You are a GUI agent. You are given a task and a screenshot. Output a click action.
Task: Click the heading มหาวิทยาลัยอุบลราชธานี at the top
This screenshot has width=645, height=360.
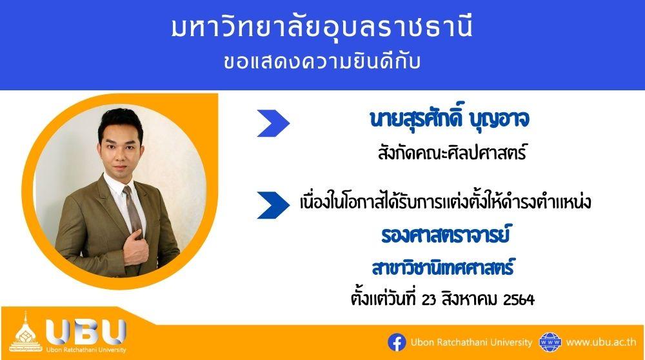click(x=322, y=28)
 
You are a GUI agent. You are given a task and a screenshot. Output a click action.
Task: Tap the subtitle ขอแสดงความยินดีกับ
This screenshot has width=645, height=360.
click(x=322, y=62)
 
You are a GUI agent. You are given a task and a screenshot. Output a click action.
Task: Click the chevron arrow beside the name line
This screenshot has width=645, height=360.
click(x=273, y=123)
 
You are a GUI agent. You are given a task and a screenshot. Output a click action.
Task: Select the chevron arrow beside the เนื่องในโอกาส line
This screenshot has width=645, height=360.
click(x=273, y=205)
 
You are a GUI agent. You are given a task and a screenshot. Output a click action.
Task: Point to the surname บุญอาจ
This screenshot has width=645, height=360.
click(x=499, y=120)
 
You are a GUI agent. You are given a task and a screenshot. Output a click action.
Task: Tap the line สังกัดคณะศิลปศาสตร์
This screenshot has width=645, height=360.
click(x=452, y=153)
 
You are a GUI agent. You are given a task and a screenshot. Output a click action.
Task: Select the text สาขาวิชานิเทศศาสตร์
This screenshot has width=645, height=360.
click(x=443, y=268)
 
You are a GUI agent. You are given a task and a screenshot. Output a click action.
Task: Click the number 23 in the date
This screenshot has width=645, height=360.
click(x=429, y=299)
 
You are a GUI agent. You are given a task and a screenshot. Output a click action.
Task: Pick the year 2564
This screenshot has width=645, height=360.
click(x=519, y=299)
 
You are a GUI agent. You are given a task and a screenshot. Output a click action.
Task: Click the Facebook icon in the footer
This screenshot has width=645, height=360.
click(x=397, y=343)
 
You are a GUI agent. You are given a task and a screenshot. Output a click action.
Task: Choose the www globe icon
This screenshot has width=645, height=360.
click(x=550, y=343)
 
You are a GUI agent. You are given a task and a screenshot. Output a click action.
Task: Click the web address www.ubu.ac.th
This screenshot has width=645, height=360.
click(x=601, y=343)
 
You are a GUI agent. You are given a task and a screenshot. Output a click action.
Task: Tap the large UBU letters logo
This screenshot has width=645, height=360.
click(x=86, y=332)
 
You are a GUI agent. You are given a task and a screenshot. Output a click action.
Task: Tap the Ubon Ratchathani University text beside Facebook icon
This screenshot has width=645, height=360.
click(x=471, y=343)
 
